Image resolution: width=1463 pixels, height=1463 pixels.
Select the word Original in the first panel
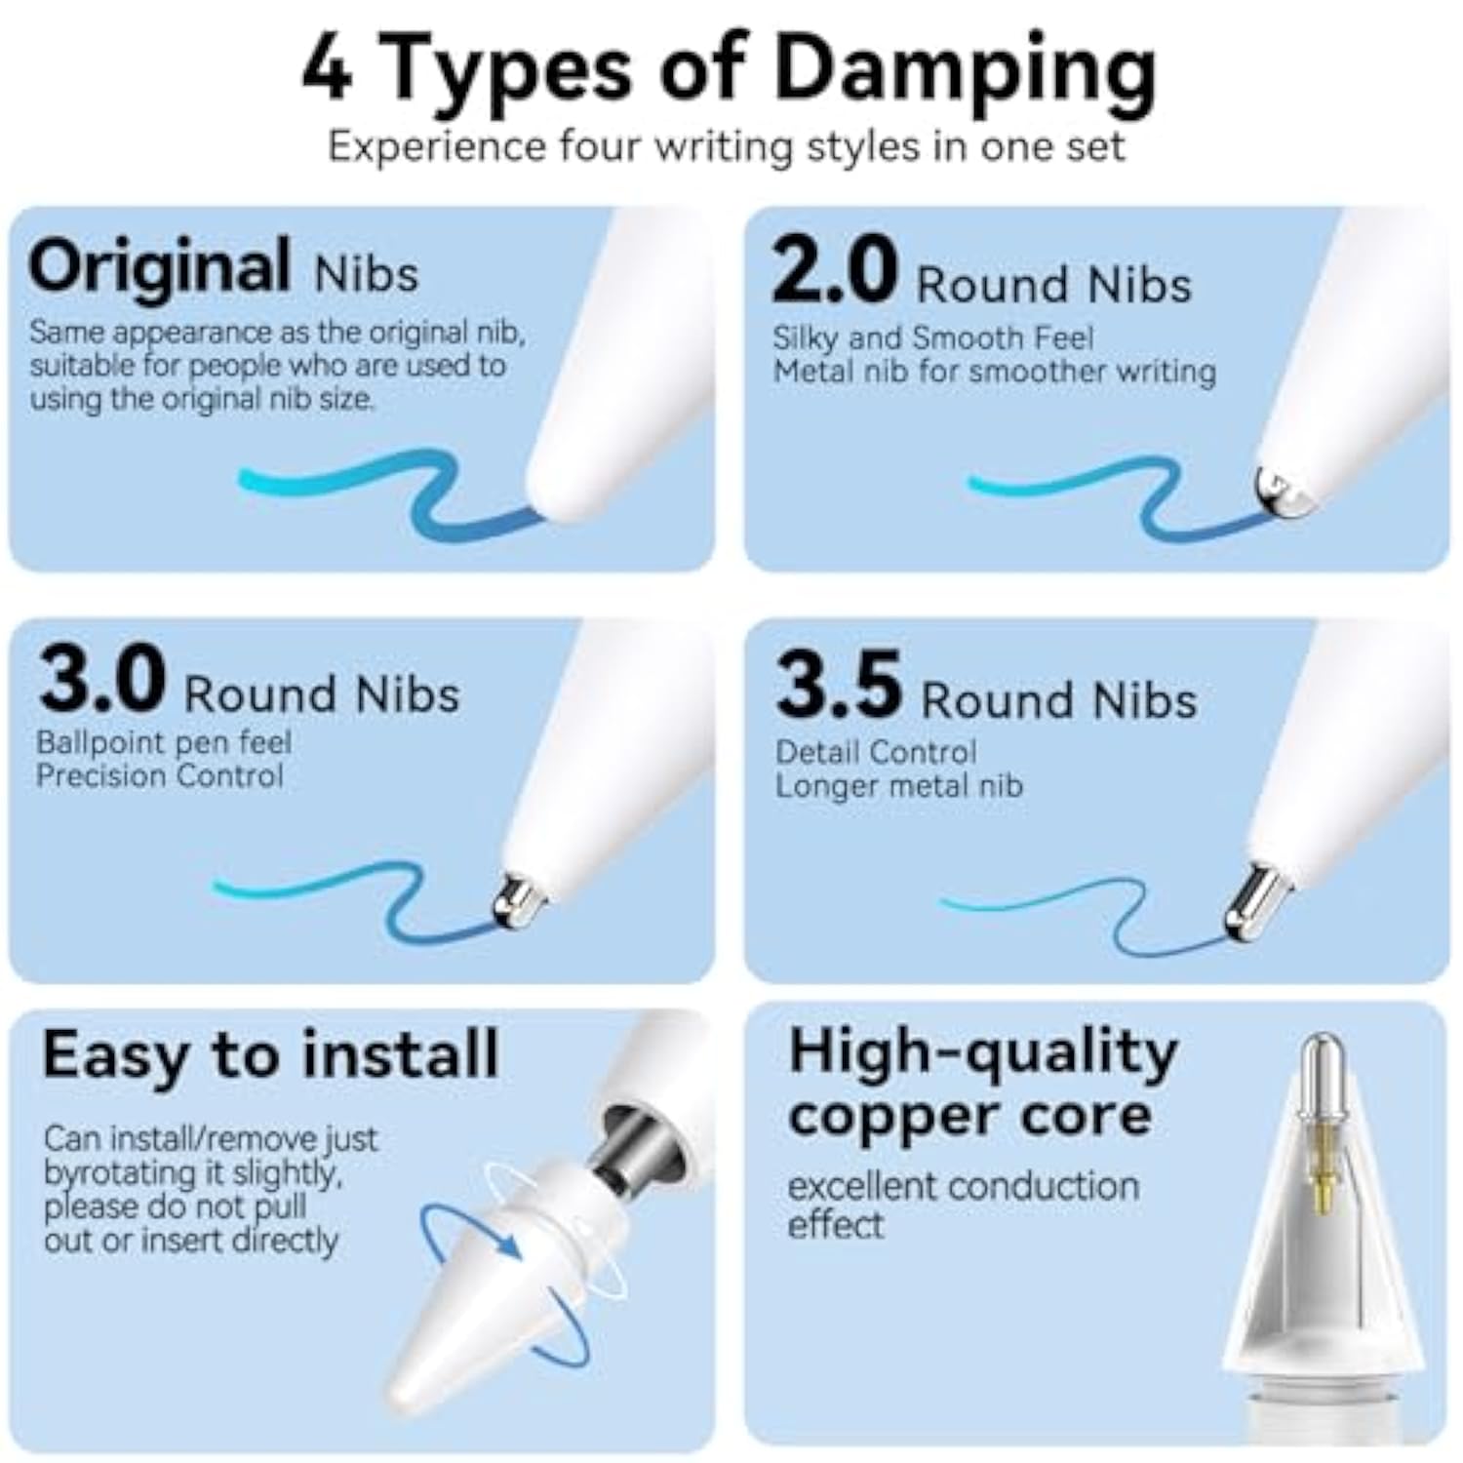click(x=159, y=267)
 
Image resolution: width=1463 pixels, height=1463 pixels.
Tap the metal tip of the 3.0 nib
click(x=516, y=900)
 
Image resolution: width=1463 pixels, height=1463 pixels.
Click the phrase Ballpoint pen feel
click(x=164, y=743)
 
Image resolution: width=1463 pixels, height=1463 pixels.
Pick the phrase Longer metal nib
click(x=899, y=785)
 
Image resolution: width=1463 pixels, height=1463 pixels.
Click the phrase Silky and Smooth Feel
click(x=933, y=337)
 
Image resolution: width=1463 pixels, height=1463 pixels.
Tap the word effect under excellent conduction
click(x=835, y=1224)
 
